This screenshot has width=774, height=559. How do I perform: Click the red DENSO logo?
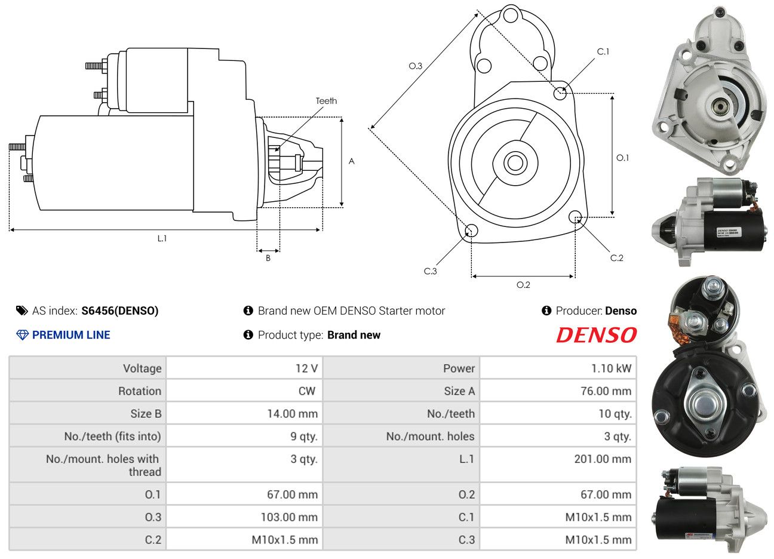596,335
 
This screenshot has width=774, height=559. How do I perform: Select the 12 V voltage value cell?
306,368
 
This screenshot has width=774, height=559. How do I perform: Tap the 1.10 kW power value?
611,368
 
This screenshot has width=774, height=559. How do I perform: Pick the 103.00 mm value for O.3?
289,517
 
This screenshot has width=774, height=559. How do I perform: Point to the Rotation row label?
140,391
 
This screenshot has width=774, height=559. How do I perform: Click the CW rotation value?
306,391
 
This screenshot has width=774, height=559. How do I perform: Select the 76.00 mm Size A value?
604,391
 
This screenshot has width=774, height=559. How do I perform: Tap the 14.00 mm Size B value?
292,414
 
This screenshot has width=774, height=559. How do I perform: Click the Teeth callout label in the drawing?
326,101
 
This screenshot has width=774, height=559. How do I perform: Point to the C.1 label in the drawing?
603,52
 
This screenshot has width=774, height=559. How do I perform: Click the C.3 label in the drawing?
430,271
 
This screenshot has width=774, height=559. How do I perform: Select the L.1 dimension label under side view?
162,238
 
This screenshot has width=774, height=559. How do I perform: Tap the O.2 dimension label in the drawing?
523,285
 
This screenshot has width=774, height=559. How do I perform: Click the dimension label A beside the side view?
352,161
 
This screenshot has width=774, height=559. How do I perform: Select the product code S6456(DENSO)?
120,311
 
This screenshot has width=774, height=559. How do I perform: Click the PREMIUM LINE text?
71,335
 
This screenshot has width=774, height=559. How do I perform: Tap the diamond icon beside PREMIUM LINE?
22,335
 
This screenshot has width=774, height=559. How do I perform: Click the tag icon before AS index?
22,311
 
